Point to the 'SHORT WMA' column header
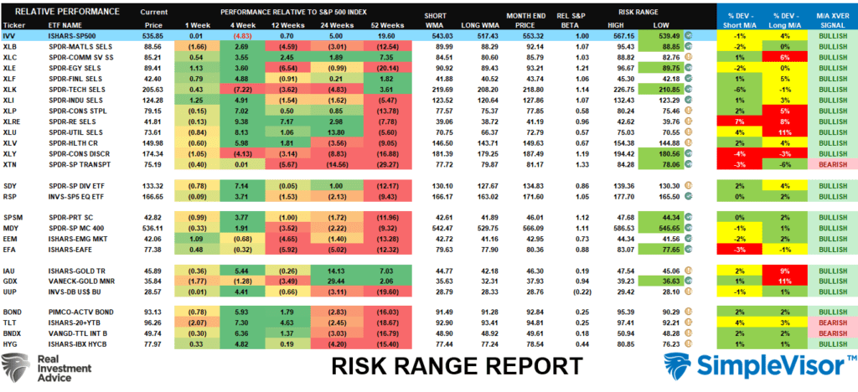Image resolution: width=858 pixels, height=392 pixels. (435, 18)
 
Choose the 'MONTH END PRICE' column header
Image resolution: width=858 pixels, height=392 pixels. (526, 18)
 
